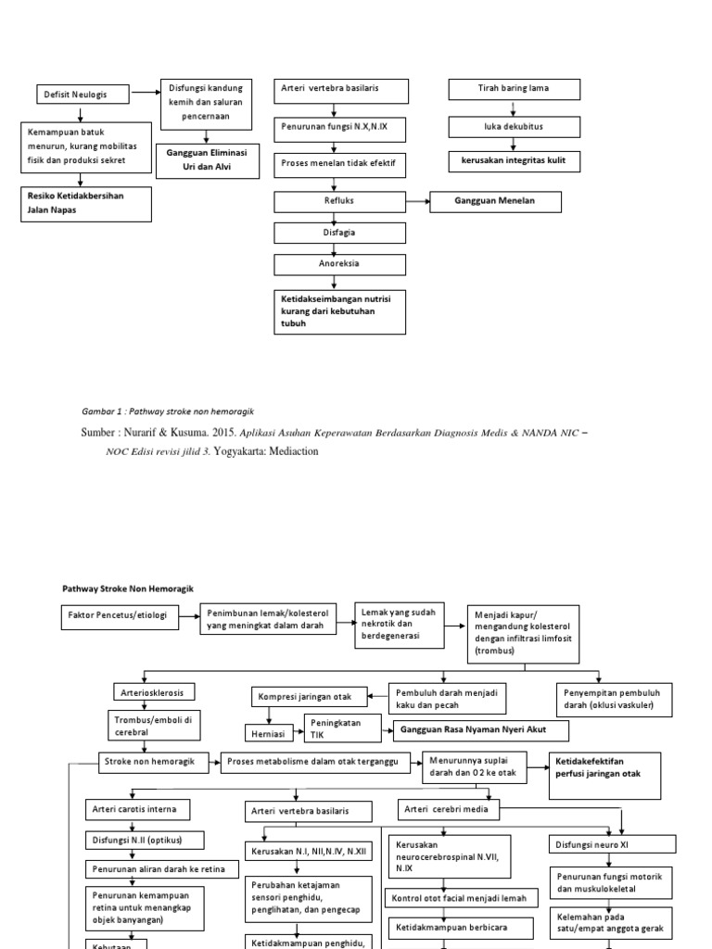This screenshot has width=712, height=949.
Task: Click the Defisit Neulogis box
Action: click(x=83, y=94)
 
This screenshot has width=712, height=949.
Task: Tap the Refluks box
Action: click(x=337, y=201)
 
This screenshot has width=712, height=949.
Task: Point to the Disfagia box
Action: click(x=337, y=234)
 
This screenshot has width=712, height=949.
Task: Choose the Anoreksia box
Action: click(x=337, y=265)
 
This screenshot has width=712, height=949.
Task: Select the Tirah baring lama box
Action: click(x=514, y=89)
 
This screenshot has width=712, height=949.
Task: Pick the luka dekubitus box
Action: click(x=514, y=126)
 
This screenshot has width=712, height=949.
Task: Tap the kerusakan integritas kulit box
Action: click(x=514, y=160)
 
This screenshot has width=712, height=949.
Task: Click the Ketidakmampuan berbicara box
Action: click(x=446, y=926)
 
